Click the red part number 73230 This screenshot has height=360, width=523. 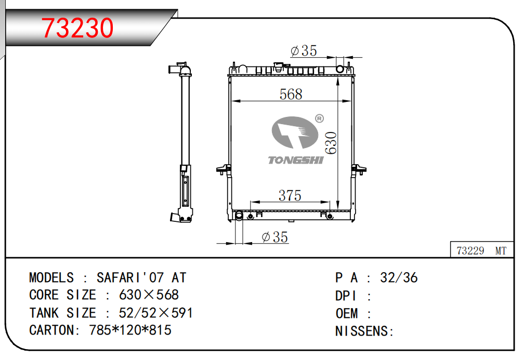pos(77,28)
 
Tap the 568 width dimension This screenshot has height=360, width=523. pos(291,95)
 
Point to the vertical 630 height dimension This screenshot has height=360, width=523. pos(331,143)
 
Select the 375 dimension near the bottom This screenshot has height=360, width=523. pos(290,195)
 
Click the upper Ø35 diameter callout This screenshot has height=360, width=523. pos(304,51)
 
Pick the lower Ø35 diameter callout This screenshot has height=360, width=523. pos(275,237)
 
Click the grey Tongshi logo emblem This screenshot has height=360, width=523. pos(295,132)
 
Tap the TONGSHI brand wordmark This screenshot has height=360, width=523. pos(296,160)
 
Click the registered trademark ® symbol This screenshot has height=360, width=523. pos(319,118)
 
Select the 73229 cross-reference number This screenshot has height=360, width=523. pos(470,250)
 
